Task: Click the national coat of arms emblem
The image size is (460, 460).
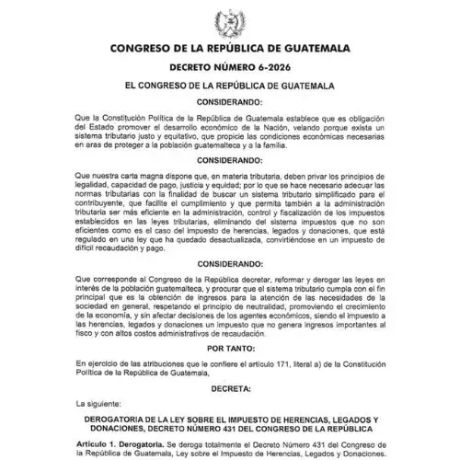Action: (x=229, y=20)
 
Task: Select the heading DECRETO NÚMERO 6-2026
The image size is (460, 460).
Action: (x=229, y=66)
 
